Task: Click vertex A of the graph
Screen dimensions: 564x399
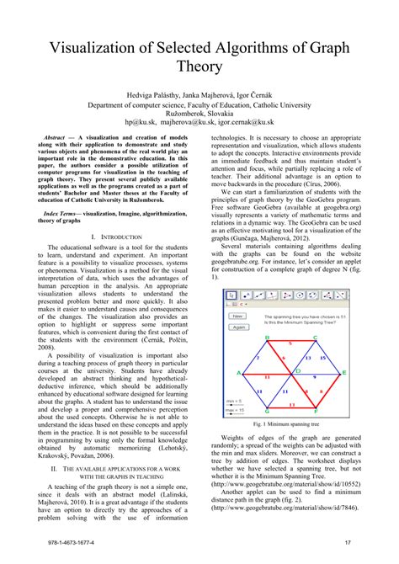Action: click(x=240, y=372)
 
